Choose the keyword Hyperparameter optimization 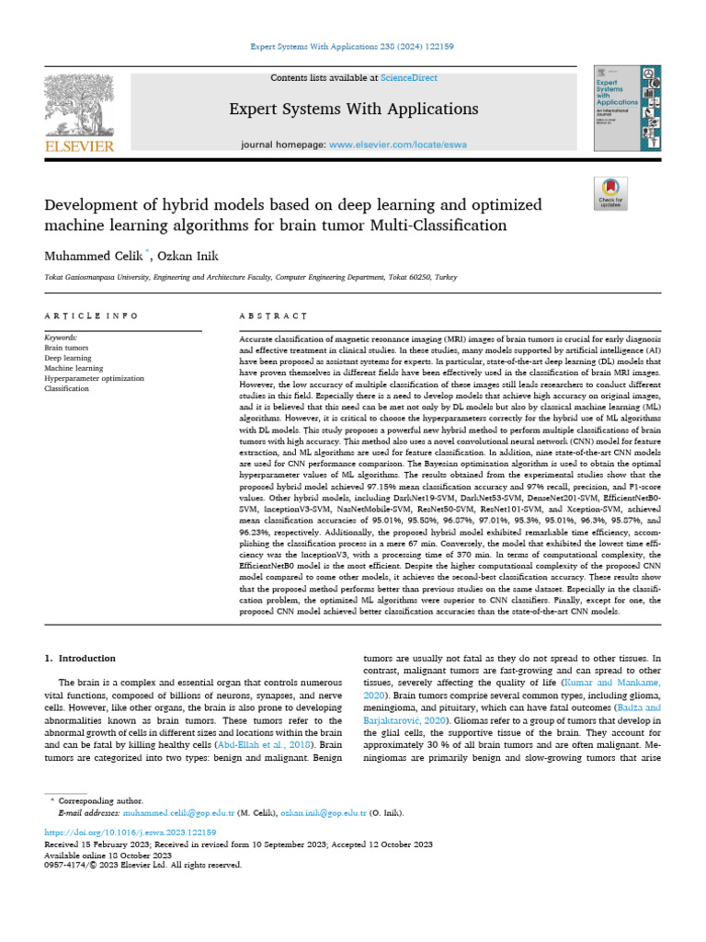click(94, 378)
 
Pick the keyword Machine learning click(75, 368)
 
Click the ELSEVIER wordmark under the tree click(78, 145)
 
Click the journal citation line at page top click(353, 46)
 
